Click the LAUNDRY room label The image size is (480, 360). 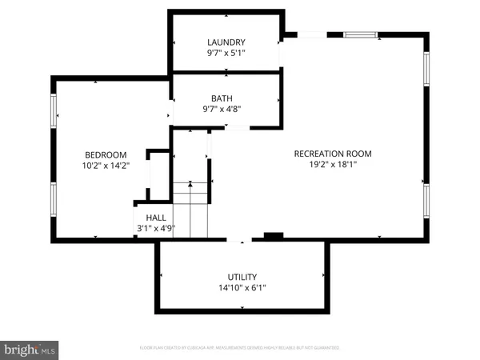[x=226, y=42]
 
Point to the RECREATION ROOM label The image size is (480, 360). [x=333, y=154]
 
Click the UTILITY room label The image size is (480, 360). [x=242, y=276]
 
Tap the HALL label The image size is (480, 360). [x=156, y=217]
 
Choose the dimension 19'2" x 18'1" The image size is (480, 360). [x=333, y=166]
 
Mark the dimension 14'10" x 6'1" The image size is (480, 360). [x=242, y=288]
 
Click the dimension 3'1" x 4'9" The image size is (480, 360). [x=156, y=229]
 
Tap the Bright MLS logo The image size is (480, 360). [x=30, y=349]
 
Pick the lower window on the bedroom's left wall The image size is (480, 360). [x=54, y=199]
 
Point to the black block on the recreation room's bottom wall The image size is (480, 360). [x=274, y=236]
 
